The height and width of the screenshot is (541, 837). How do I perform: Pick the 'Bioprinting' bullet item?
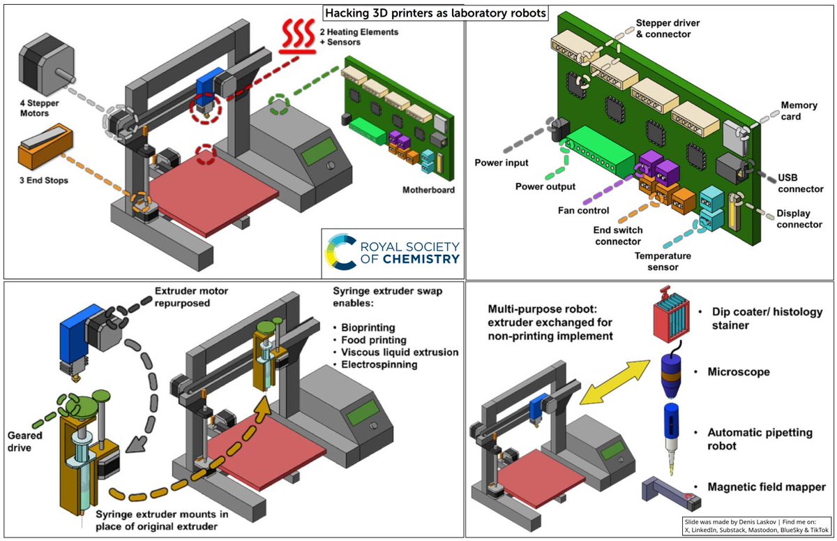[368, 326]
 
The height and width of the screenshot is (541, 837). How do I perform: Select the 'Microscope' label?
[739, 372]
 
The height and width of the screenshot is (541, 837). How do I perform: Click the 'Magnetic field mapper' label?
[767, 487]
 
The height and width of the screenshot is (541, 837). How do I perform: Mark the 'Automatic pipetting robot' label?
[760, 438]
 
